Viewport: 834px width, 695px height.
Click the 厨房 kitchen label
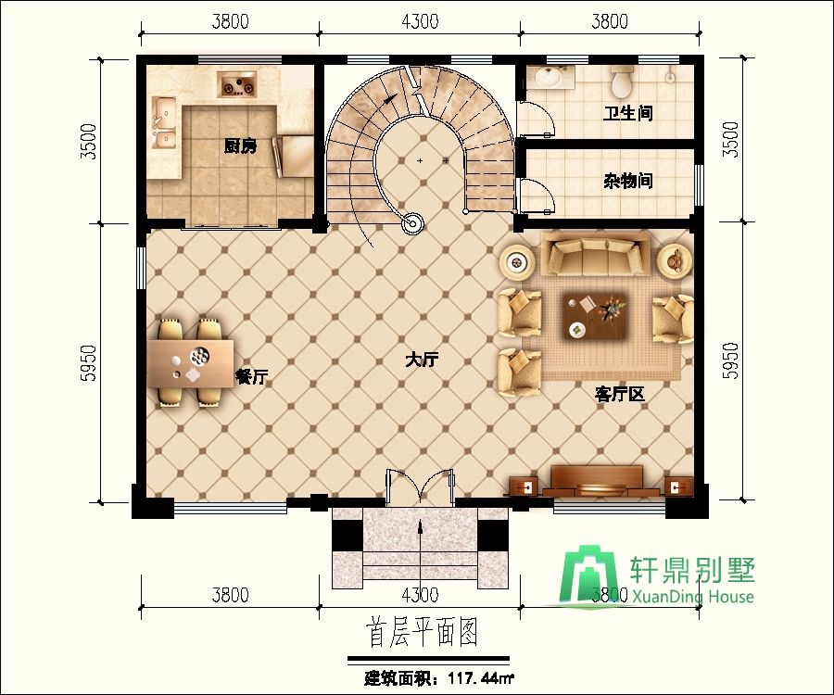click(240, 146)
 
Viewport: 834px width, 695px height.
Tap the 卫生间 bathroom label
click(627, 113)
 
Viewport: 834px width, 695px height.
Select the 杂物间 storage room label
click(627, 182)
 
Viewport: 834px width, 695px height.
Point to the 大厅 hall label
click(422, 360)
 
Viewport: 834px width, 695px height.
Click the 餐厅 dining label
click(251, 377)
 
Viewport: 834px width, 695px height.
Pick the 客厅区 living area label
click(620, 394)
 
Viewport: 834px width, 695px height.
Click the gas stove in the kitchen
click(236, 84)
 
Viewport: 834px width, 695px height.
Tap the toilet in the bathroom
click(621, 81)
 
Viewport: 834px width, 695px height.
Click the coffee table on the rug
click(594, 317)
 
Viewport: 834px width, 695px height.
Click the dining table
click(190, 364)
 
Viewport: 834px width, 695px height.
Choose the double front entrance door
click(420, 486)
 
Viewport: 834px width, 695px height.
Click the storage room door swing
click(537, 196)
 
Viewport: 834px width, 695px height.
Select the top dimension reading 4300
click(420, 21)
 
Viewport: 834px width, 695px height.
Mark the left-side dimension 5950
click(90, 363)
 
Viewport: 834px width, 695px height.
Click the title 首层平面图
click(422, 632)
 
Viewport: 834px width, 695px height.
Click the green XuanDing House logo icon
click(588, 575)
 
